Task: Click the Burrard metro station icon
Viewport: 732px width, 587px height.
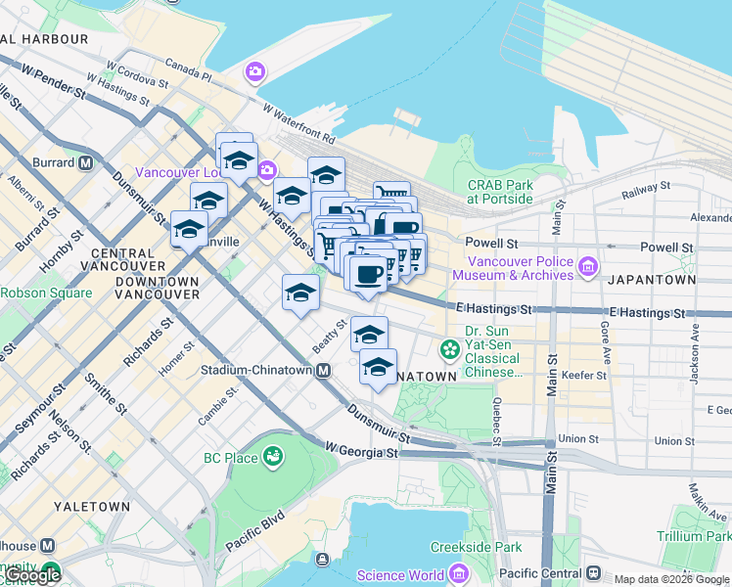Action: [86, 162]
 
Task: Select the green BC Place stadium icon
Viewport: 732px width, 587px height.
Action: [272, 457]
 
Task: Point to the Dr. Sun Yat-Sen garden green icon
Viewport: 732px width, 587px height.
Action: [450, 349]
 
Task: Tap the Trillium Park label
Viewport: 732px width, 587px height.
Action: [694, 536]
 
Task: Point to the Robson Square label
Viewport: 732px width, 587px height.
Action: [46, 293]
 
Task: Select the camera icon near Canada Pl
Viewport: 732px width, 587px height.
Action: [255, 71]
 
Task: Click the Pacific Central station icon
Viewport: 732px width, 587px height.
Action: [593, 573]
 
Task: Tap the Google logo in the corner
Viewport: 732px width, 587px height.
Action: [33, 575]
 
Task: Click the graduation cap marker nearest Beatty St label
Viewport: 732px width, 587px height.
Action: [367, 336]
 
